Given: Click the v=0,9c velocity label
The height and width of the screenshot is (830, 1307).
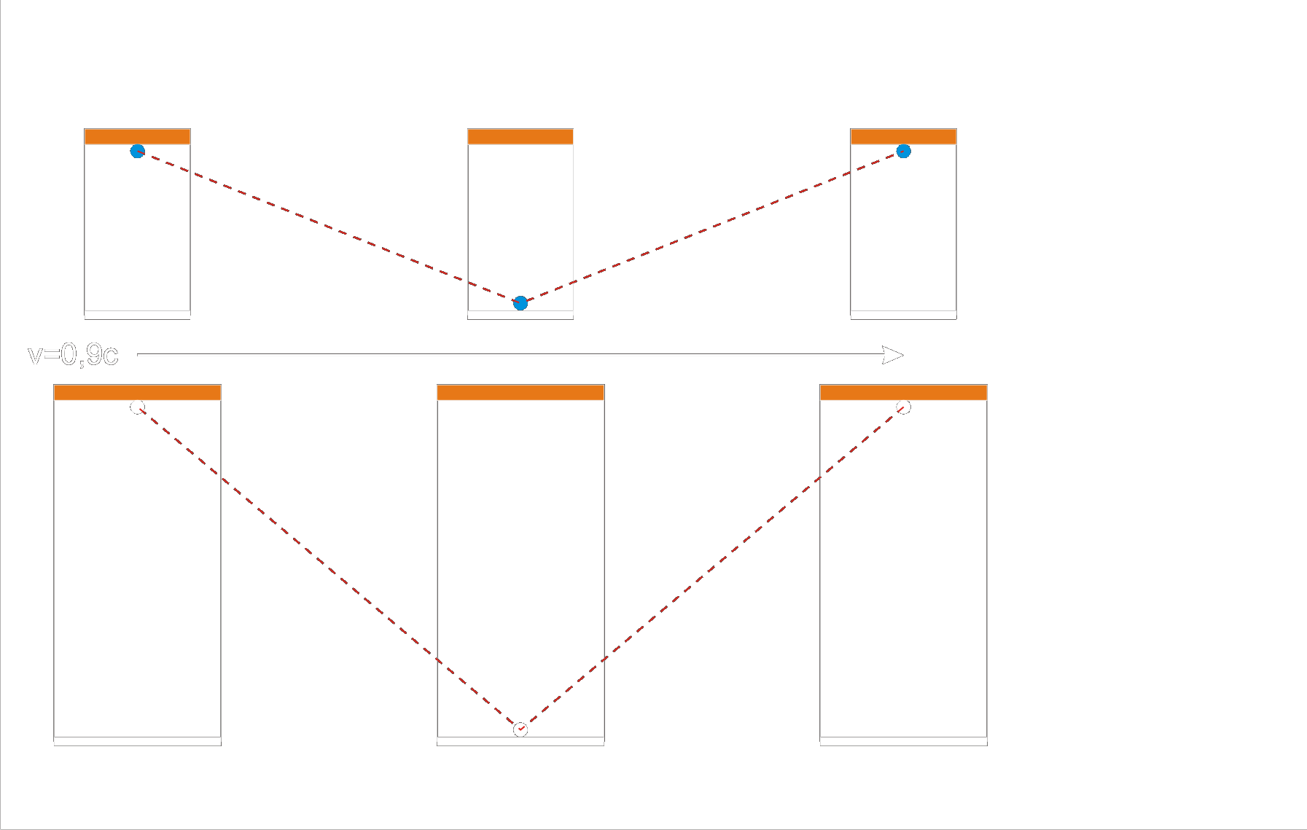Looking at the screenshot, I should (73, 355).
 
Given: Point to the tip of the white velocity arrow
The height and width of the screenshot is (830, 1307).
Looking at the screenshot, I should (902, 355).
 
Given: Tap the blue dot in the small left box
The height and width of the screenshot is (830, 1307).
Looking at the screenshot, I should (137, 152).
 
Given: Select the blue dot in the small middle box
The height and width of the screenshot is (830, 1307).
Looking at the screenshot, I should (520, 303).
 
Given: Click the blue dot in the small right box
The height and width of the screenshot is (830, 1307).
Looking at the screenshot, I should (904, 152).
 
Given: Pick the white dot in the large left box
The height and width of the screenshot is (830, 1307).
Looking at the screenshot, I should (137, 407).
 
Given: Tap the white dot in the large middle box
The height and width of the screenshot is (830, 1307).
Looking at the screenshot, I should (520, 729).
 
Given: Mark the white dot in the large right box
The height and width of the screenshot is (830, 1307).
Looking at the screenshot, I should (904, 407).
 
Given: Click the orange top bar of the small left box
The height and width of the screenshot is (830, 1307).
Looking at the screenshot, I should (137, 137).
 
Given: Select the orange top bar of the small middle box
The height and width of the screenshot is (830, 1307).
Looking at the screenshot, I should (520, 137).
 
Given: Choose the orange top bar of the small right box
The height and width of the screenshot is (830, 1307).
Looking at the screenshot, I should (904, 137).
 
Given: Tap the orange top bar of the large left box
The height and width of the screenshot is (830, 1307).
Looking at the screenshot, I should (137, 393).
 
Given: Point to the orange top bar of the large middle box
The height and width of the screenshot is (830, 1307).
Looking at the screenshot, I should (520, 393).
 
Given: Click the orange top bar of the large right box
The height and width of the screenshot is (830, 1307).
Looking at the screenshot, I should (904, 393).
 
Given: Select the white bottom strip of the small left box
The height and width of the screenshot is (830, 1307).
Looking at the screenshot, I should (137, 315).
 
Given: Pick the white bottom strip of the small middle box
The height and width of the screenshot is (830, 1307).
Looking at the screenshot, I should (520, 315).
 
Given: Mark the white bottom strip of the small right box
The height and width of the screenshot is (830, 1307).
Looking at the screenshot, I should (904, 315).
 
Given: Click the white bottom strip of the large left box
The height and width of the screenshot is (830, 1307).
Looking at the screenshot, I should (137, 741).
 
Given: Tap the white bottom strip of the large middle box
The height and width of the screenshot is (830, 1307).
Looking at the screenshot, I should (520, 741).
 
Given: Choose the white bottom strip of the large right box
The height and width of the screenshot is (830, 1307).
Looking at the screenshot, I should (904, 741).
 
